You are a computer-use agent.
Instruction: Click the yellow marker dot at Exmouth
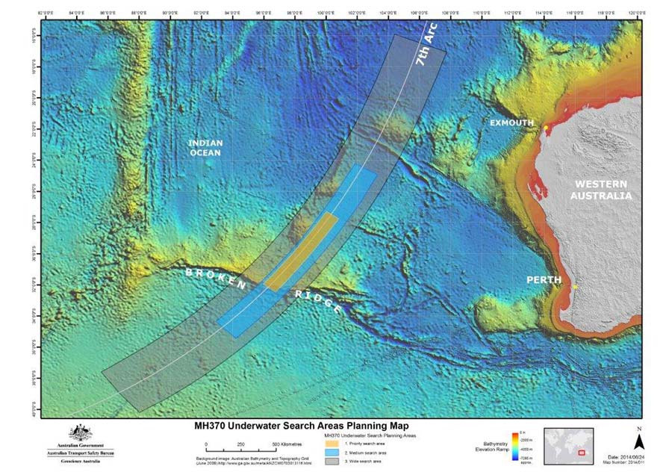coord(546,128)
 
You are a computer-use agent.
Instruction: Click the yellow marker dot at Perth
coord(575,286)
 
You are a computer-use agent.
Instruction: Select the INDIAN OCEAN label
coord(205,147)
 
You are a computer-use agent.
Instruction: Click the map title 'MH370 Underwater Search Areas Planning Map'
coord(311,426)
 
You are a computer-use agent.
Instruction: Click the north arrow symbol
coord(638,444)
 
